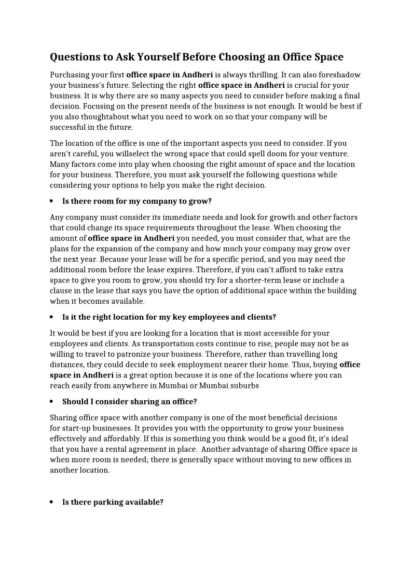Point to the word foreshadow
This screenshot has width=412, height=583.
[x=340, y=75]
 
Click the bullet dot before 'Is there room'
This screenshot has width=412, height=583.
[x=52, y=201]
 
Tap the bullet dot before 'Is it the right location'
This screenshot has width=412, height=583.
[x=52, y=317]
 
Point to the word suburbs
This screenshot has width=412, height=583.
[x=244, y=386]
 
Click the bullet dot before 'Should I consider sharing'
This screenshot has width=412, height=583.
[x=52, y=402]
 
